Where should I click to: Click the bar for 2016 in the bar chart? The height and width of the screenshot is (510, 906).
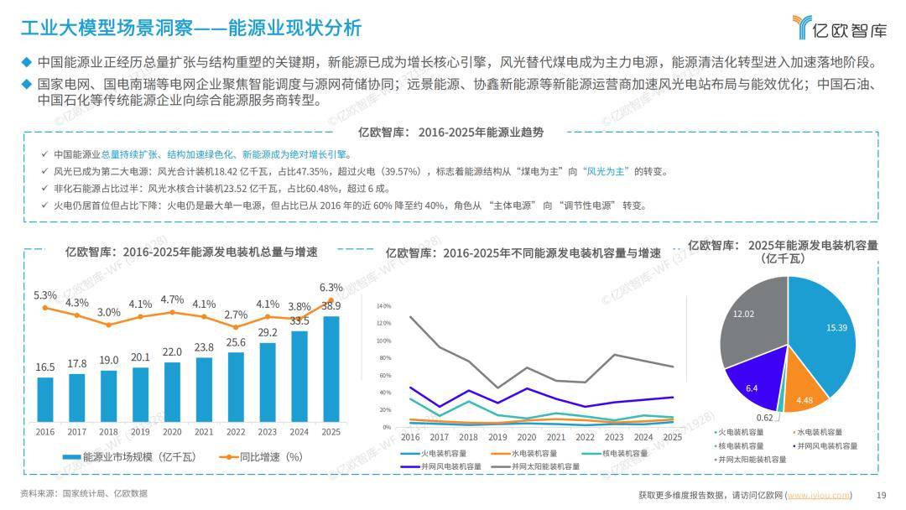click(45, 402)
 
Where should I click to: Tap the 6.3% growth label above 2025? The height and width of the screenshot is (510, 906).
click(331, 288)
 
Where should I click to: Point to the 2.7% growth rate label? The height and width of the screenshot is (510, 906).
click(236, 315)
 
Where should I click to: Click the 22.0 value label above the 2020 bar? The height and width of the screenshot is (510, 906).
click(172, 352)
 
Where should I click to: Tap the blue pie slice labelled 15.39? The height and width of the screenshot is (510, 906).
click(827, 336)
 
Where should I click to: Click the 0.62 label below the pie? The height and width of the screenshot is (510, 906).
click(764, 418)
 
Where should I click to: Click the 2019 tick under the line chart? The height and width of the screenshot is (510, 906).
click(497, 438)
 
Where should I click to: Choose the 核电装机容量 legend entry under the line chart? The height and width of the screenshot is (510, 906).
click(624, 454)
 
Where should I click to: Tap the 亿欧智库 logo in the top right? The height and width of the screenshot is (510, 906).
click(839, 28)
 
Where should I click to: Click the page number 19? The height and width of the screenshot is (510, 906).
click(881, 495)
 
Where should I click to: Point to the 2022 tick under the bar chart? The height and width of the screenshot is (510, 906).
click(236, 431)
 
